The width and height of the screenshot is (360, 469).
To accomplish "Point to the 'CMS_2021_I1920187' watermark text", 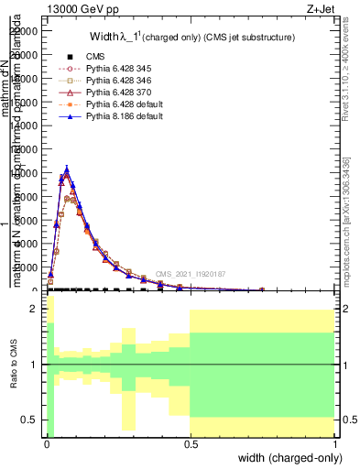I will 189,274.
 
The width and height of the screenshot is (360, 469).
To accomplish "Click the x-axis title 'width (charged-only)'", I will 290,457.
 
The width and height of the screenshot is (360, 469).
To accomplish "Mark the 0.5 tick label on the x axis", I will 190,443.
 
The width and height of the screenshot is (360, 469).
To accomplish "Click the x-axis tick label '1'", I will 334,443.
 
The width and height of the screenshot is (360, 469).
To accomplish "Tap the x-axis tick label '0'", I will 46,443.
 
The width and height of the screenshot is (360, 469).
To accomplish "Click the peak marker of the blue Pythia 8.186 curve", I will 66,169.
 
